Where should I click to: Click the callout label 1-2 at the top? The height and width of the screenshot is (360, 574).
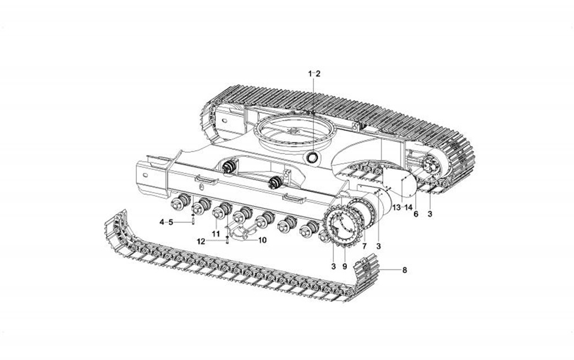pos(314,74)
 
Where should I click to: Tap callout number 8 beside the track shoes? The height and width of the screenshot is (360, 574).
pos(404,270)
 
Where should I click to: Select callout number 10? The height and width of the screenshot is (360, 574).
pos(262,240)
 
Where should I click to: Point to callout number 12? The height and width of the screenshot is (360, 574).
pos(201,241)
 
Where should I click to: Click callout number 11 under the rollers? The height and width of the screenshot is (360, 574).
pos(216,233)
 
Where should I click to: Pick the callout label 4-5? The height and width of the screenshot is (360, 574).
pos(166,221)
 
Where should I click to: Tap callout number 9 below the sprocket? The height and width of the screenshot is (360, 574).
pos(345,267)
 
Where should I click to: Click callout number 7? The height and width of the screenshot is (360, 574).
pos(364,246)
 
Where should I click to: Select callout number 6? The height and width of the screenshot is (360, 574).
pos(416,214)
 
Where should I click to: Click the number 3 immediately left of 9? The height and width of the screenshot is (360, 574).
pos(333,267)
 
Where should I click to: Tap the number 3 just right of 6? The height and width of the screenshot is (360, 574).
pos(430,214)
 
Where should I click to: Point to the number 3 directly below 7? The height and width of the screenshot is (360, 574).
pos(378,246)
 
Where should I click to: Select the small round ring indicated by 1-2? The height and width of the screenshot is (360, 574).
pos(313,158)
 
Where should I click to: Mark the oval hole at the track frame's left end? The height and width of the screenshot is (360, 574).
pos(145,175)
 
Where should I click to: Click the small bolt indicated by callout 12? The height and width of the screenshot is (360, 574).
pos(227,240)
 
